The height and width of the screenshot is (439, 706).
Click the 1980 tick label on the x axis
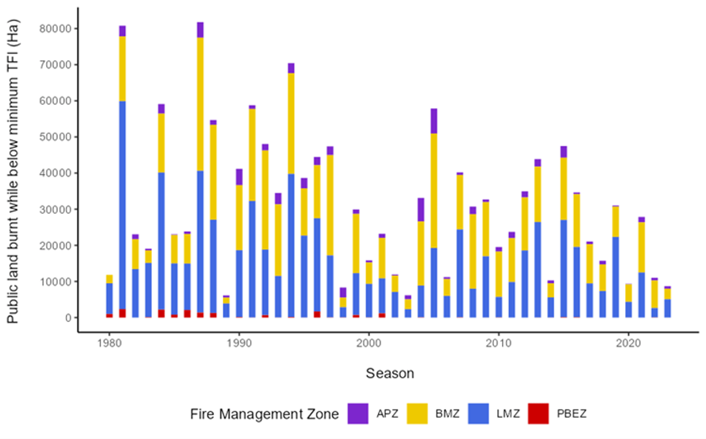109,343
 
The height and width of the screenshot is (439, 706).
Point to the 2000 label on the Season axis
369,343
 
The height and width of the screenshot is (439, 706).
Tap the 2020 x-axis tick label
628,343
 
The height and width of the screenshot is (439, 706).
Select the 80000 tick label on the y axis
56,29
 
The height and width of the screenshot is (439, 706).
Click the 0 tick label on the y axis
68,318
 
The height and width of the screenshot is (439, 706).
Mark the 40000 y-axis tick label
56,173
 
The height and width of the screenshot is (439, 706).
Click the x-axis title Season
390,373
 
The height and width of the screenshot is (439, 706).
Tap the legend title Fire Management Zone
264,414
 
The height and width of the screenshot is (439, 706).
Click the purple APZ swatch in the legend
358,413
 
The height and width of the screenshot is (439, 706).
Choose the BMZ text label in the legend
447,414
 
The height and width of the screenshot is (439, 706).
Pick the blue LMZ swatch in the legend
478,413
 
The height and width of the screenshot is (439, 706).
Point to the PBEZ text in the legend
571,414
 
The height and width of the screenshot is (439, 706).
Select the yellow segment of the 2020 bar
628,293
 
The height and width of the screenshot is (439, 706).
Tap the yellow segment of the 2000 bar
369,273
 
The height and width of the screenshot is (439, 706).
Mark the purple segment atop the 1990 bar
239,177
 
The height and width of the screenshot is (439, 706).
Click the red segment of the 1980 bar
109,316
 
